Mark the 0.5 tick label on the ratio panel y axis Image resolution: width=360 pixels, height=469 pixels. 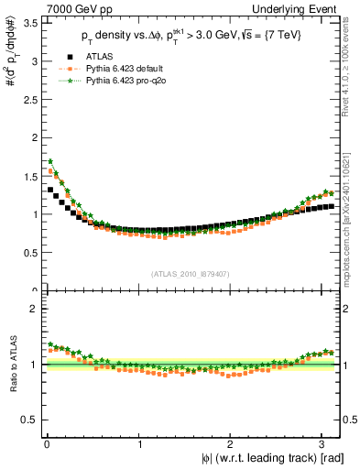[29, 420]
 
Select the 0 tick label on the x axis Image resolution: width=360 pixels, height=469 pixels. [46, 444]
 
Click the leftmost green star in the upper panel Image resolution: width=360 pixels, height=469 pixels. [50, 161]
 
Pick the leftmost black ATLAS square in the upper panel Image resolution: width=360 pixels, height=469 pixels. [50, 190]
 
